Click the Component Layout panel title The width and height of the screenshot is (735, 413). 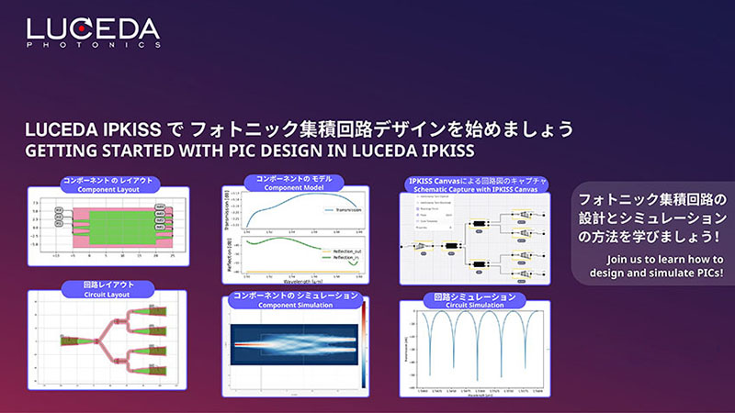coord(107,184)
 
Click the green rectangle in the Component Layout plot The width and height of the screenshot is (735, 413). coord(107,220)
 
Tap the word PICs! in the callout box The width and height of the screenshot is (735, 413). coord(703,273)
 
